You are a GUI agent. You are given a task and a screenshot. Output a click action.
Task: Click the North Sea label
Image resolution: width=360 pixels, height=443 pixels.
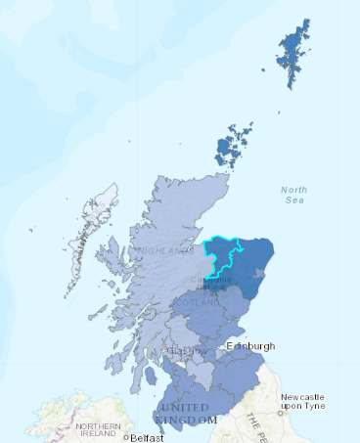(x=292, y=195)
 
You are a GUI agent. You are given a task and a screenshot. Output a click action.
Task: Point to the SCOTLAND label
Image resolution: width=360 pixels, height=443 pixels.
(x=202, y=303)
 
